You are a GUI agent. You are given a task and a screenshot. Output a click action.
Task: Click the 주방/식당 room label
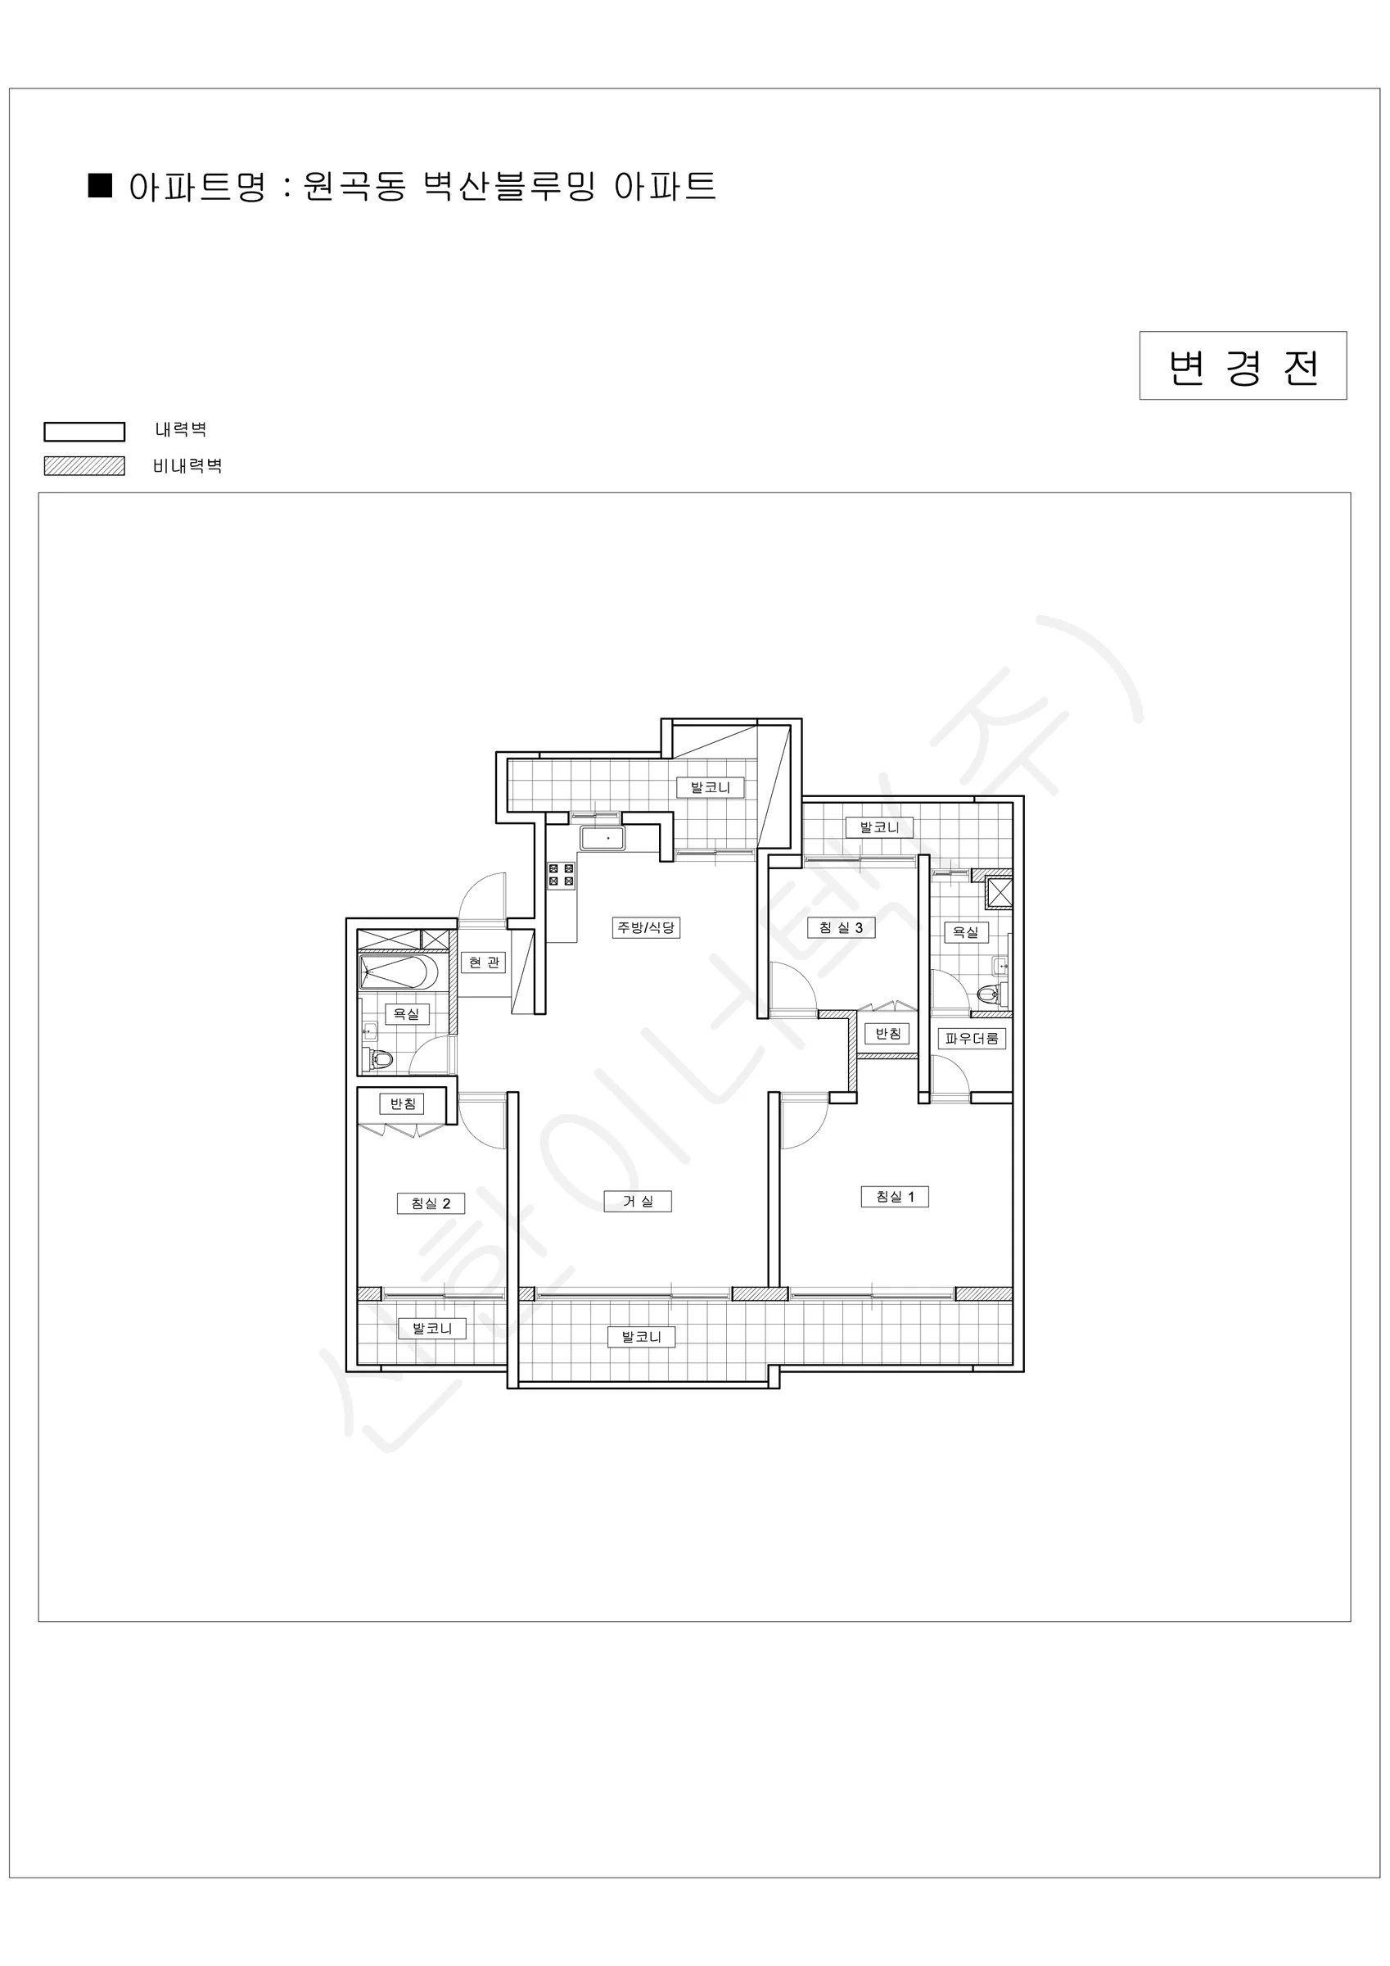pyautogui.click(x=646, y=927)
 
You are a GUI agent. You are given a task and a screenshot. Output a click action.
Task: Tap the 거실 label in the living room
pyautogui.click(x=638, y=1202)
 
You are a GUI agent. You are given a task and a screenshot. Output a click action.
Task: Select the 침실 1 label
pyautogui.click(x=895, y=1197)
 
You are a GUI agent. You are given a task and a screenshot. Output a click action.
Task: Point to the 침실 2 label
pyautogui.click(x=431, y=1203)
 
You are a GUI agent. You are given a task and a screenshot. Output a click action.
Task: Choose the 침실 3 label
pyautogui.click(x=841, y=927)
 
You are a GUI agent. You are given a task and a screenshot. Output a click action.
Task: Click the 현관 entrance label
pyautogui.click(x=484, y=963)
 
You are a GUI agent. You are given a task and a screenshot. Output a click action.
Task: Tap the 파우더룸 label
pyautogui.click(x=972, y=1039)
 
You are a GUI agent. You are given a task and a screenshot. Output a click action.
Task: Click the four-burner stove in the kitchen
pyautogui.click(x=562, y=875)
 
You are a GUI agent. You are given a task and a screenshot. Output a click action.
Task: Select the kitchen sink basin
pyautogui.click(x=602, y=838)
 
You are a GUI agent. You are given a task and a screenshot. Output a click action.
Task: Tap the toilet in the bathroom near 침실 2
pyautogui.click(x=381, y=1060)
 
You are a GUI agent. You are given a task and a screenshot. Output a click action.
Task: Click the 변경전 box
pyautogui.click(x=1243, y=365)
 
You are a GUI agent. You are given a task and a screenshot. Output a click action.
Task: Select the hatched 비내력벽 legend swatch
pyautogui.click(x=85, y=466)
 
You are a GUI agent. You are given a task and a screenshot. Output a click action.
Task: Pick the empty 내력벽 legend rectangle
pyautogui.click(x=85, y=431)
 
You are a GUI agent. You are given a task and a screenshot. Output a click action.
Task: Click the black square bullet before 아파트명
pyautogui.click(x=100, y=185)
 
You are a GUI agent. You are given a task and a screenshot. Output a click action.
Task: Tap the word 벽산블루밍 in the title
pyautogui.click(x=510, y=186)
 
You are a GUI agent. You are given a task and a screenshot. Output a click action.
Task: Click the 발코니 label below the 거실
pyautogui.click(x=641, y=1337)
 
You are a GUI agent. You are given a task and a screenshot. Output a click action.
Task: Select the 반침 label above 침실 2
pyautogui.click(x=402, y=1103)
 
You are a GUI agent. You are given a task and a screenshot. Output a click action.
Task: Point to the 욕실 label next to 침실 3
pyautogui.click(x=965, y=931)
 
